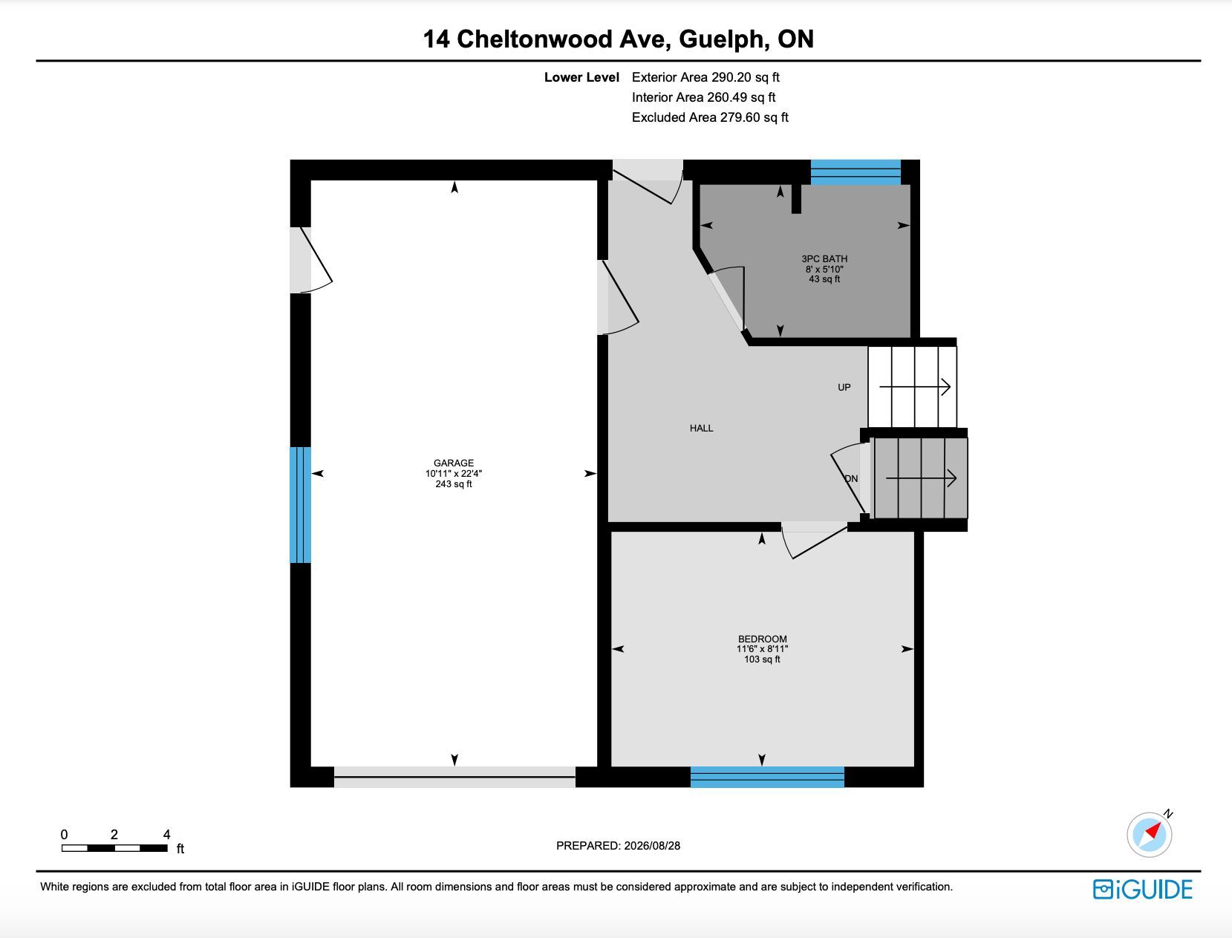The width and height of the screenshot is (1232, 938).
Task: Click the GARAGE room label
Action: pos(454,463)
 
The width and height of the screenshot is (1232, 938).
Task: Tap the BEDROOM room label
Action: pos(762,639)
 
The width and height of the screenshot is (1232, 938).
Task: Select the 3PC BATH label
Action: pos(824,258)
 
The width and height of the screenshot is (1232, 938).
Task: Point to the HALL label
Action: pos(702,429)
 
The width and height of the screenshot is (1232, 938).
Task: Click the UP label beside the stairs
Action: pos(844,388)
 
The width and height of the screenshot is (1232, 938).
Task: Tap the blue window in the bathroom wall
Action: pos(855,172)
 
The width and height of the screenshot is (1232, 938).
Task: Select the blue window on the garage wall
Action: pos(300,504)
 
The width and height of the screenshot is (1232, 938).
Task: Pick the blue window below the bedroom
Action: pos(767,777)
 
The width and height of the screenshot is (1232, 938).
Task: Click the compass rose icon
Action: pos(1150,835)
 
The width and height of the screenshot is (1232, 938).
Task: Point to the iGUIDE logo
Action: pos(1143,890)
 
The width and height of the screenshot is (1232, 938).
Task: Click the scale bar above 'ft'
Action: pos(114,848)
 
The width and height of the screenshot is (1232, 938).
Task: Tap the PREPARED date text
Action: pos(618,846)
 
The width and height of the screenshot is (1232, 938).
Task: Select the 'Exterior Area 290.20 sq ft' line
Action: pos(705,77)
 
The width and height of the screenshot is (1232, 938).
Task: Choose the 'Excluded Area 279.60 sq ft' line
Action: pos(710,117)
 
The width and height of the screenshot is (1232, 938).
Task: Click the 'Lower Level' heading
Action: pos(581,77)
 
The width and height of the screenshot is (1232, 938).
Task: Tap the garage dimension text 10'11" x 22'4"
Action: pos(454,474)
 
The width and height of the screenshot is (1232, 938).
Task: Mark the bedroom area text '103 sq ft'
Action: pos(762,659)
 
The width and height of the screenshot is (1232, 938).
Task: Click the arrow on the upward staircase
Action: pos(915,387)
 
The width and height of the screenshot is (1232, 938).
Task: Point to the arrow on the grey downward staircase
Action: pos(921,478)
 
